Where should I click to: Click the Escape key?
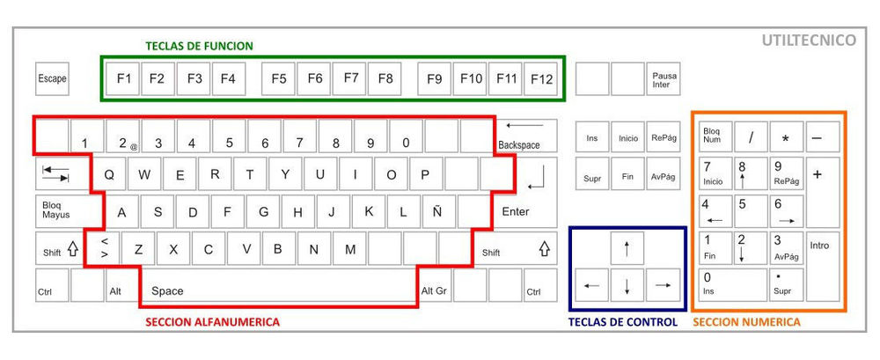[52, 78]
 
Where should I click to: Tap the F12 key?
[541, 78]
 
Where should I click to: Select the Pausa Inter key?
[664, 78]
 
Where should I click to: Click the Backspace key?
[527, 136]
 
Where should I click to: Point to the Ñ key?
[437, 212]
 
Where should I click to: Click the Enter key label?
[515, 212]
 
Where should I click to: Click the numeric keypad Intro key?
[823, 266]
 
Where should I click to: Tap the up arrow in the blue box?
[627, 248]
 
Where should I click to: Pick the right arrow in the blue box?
[663, 285]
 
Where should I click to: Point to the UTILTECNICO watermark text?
[809, 40]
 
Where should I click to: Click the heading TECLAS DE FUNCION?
[199, 46]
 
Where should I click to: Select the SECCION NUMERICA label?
[746, 322]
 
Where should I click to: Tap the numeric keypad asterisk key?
[786, 136]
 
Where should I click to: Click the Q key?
[109, 174]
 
